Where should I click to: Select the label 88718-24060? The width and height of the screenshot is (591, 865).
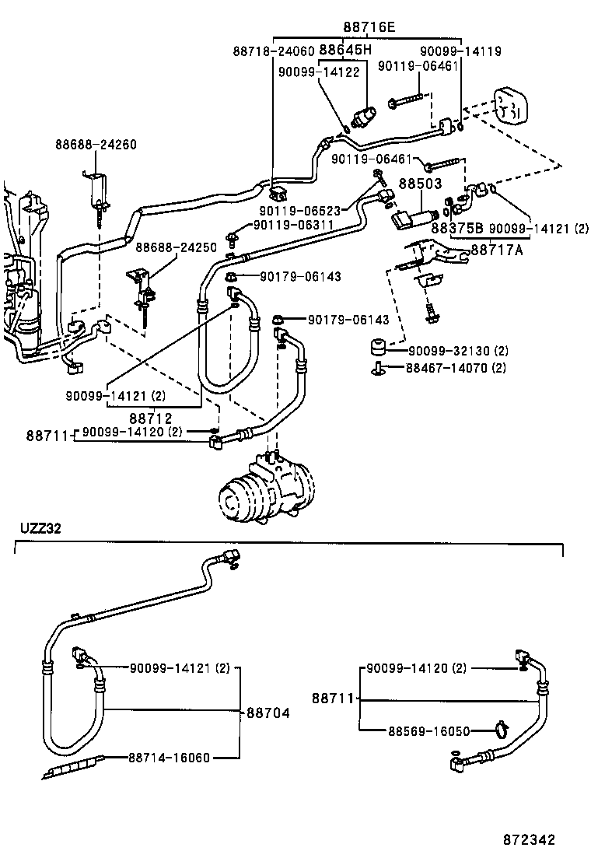click(273, 52)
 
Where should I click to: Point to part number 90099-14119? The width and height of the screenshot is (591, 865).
click(460, 52)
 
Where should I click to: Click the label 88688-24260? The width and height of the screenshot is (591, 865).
click(96, 145)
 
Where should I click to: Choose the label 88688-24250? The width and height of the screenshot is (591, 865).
click(176, 247)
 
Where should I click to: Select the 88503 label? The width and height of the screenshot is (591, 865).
click(420, 184)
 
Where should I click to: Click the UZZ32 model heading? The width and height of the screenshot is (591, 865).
click(40, 528)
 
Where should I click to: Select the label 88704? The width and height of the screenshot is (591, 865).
click(268, 712)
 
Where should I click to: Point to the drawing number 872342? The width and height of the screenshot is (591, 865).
click(528, 840)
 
